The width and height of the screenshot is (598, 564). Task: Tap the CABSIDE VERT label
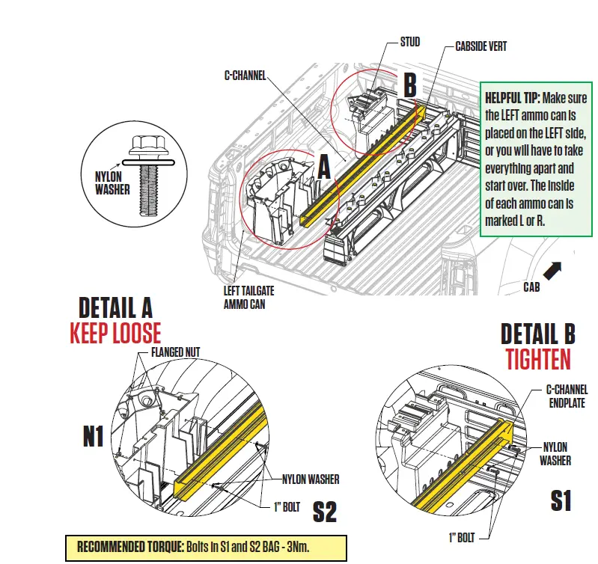click(x=480, y=46)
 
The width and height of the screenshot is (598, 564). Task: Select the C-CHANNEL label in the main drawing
click(x=245, y=76)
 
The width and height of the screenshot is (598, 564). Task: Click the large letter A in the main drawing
click(x=323, y=166)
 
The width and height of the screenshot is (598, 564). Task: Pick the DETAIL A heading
click(x=115, y=307)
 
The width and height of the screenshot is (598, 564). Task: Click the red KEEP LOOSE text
click(x=115, y=333)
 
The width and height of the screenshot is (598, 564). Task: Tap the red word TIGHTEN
click(x=537, y=359)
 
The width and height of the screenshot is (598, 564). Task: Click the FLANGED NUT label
click(x=176, y=351)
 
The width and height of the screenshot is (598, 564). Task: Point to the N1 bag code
click(x=93, y=436)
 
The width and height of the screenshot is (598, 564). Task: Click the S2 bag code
click(x=324, y=512)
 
